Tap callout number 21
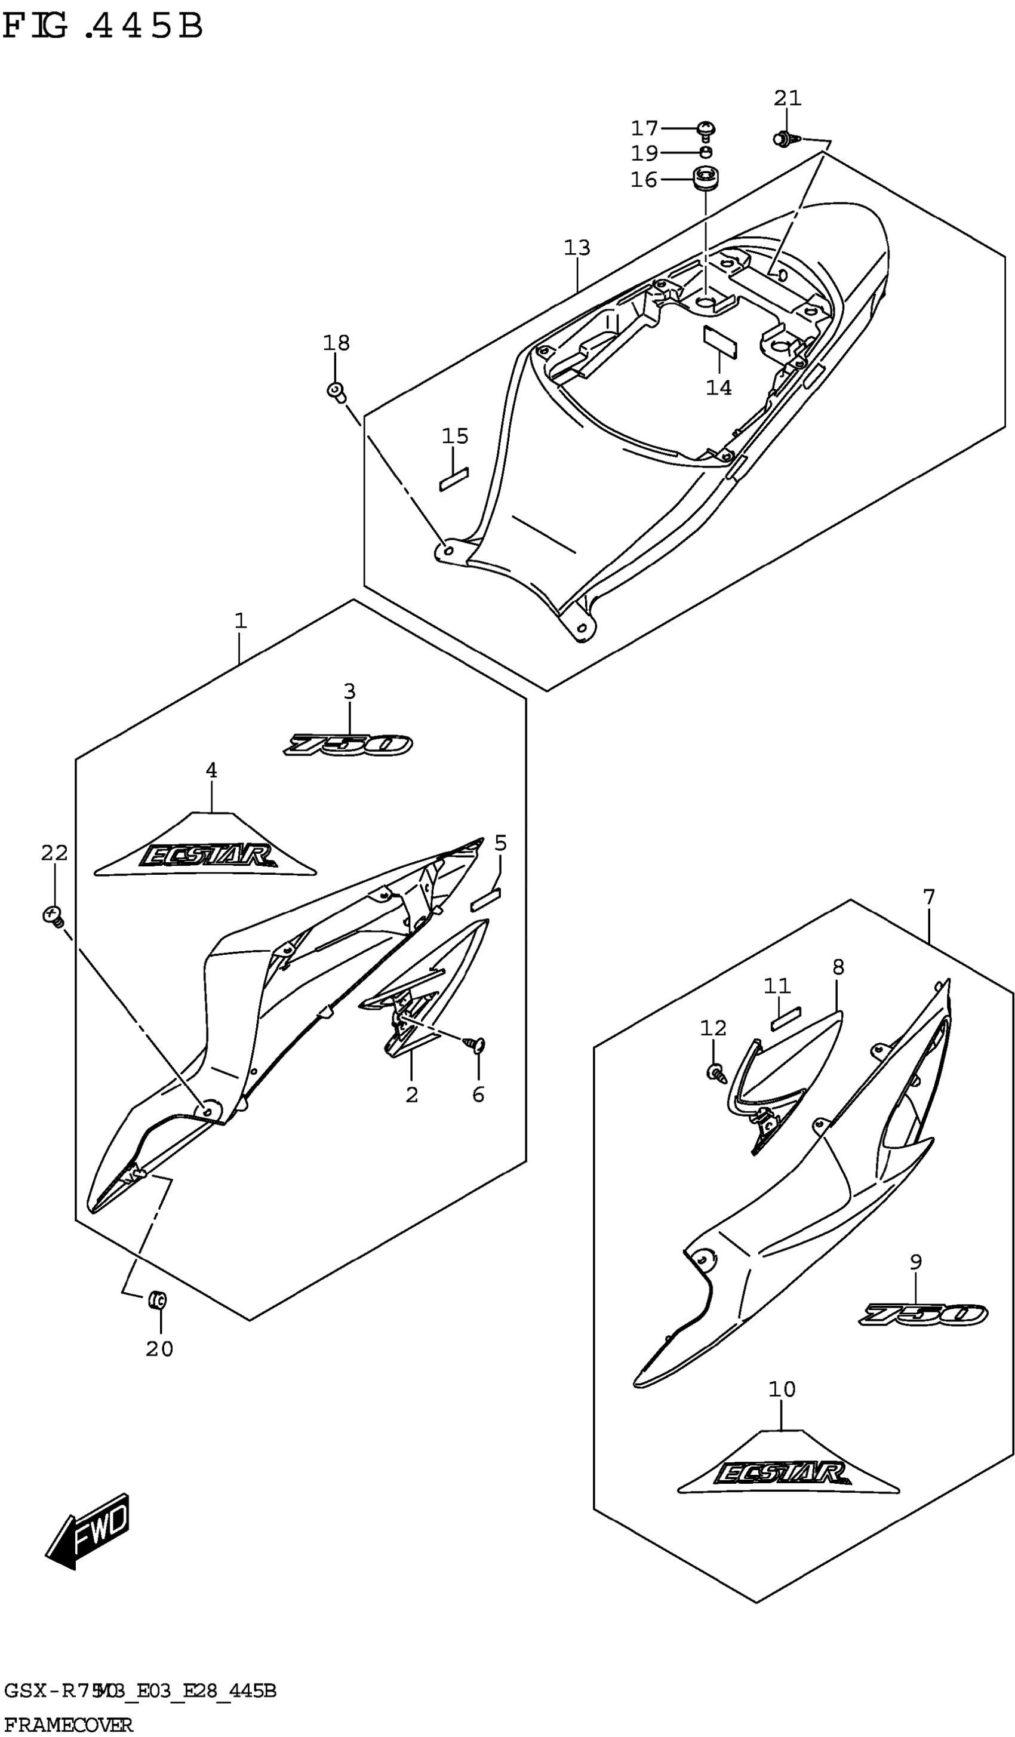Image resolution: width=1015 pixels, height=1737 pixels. tap(788, 99)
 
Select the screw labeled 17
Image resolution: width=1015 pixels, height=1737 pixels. tap(706, 129)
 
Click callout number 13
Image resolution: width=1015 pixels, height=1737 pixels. tap(577, 247)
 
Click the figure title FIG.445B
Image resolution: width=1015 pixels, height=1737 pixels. tap(103, 26)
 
